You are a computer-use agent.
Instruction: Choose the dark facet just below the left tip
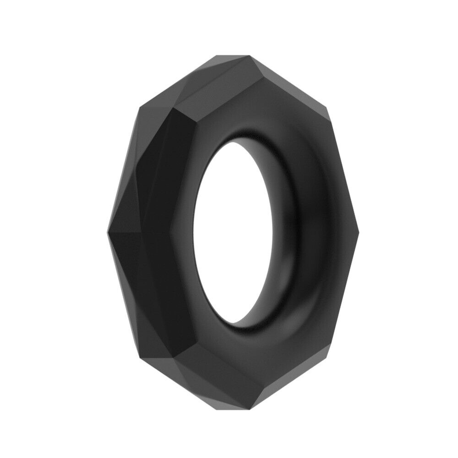137,275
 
